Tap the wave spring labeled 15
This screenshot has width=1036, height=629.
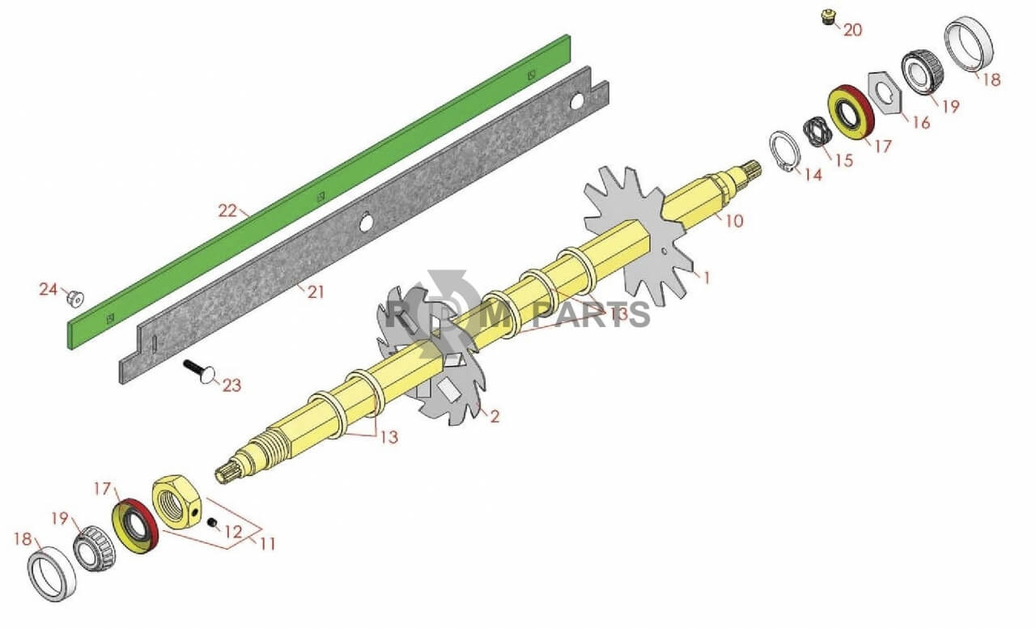click(x=817, y=132)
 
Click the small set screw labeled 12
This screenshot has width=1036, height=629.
click(x=212, y=523)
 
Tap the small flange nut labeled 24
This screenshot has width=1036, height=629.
click(x=75, y=297)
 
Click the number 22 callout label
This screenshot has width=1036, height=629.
click(x=227, y=211)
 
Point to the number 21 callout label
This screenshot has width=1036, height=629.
click(x=316, y=292)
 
